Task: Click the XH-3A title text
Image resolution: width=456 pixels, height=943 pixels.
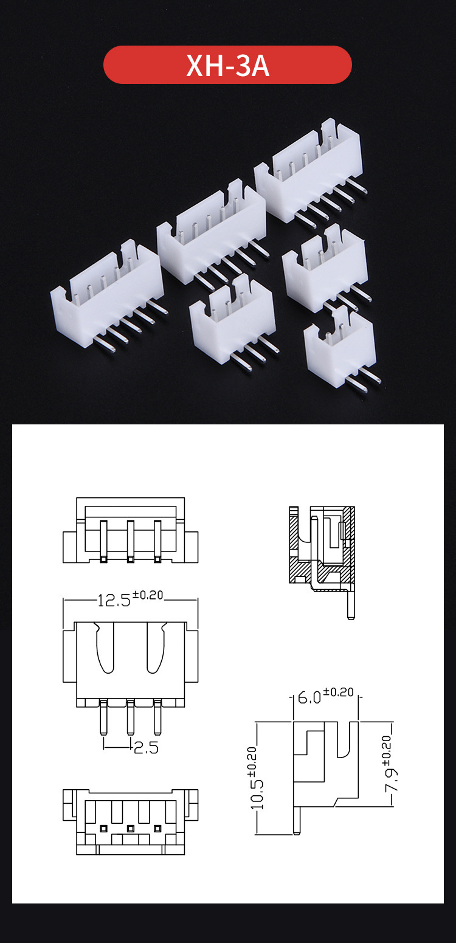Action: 227,66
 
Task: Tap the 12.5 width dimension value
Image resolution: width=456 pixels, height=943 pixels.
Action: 114,601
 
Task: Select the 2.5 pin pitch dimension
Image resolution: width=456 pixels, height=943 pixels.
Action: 146,747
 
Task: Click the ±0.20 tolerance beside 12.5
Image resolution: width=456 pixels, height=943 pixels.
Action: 148,595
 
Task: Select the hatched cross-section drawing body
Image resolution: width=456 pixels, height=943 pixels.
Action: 321,547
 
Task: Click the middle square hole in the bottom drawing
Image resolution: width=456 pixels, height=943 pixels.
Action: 130,828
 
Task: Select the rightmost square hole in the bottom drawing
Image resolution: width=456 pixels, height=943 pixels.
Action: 158,828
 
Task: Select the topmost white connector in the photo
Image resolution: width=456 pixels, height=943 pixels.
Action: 310,170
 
